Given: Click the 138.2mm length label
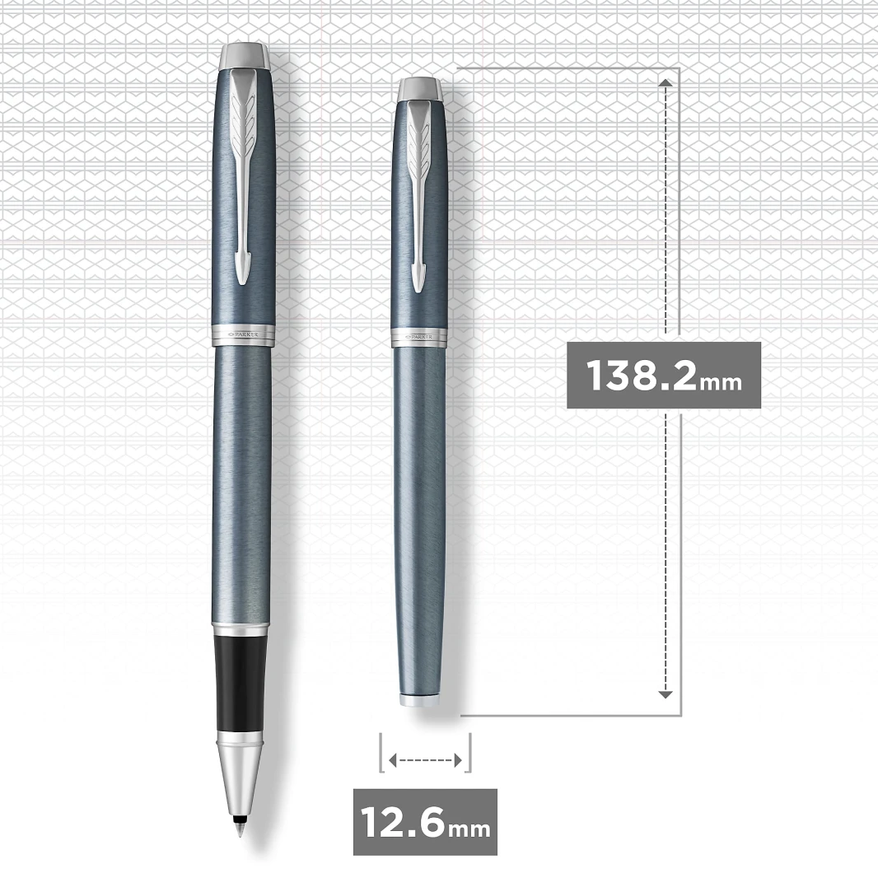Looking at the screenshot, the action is click(664, 375).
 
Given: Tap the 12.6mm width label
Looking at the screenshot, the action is click(425, 822).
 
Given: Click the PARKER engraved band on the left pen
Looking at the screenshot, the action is click(244, 334).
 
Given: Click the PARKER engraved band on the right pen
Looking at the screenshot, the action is click(419, 337).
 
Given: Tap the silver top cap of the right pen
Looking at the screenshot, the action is click(420, 90).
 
